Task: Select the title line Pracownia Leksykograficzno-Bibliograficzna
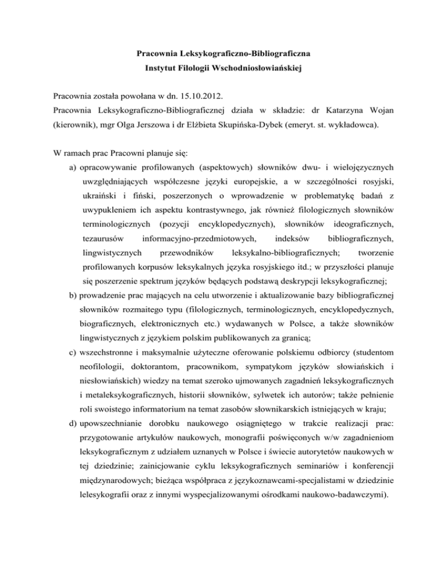[223, 54]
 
